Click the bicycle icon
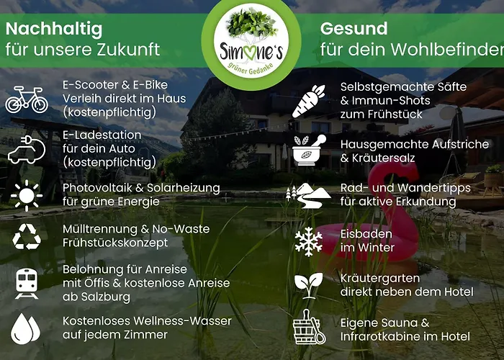click(27, 99)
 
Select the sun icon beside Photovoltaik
click(27, 195)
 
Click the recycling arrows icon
click(27, 236)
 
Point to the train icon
click(27, 283)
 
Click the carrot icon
click(309, 101)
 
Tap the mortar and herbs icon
click(309, 149)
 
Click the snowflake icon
click(309, 240)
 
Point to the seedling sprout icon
click(309, 285)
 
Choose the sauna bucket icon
click(309, 328)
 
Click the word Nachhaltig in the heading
click(54, 30)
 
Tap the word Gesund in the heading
click(354, 30)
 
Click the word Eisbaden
click(366, 234)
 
